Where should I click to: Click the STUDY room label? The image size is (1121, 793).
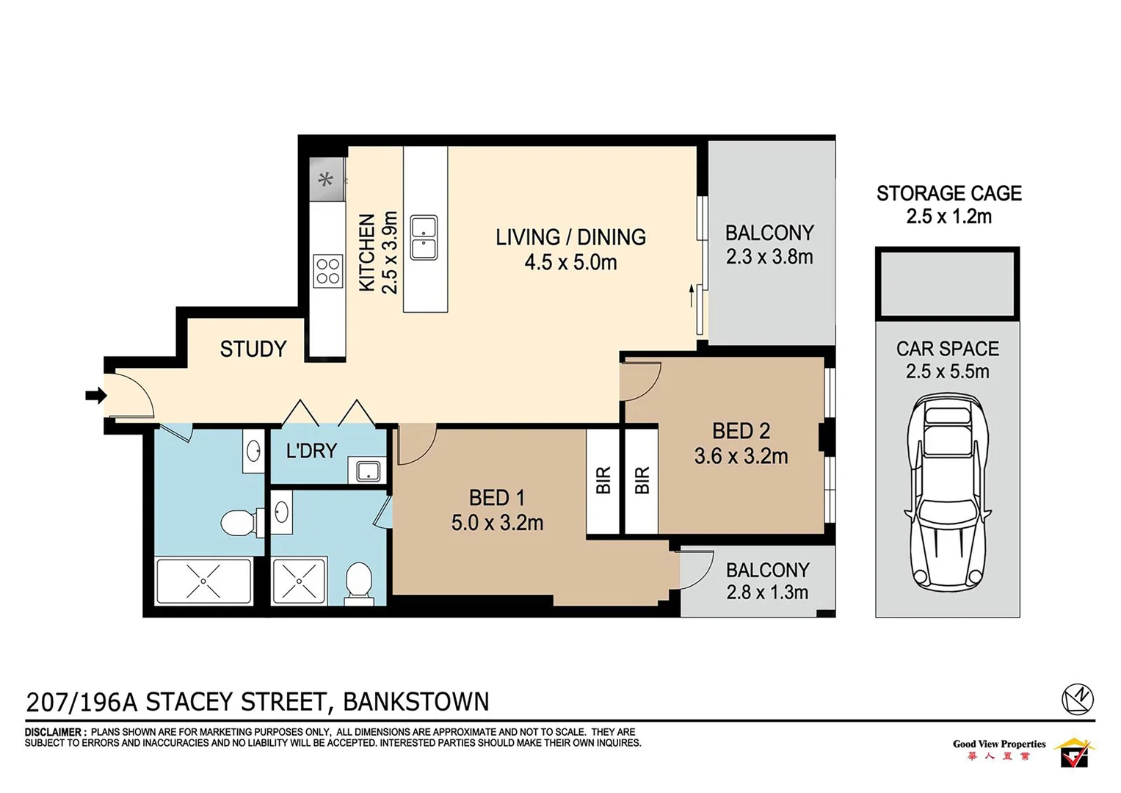253,349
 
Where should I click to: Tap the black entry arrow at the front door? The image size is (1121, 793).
95,396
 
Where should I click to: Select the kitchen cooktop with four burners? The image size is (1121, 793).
327,270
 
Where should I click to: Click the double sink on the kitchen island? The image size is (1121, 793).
424,238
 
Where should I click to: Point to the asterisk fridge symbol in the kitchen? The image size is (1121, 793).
325,180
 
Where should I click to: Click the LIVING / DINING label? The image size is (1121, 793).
570,237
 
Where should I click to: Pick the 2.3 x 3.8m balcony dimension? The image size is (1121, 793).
769,257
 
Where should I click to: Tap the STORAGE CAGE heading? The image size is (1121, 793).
948,193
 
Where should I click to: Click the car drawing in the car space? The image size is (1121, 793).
948,492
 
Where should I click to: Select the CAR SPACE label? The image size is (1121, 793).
947,349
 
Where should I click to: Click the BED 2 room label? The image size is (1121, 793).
741,431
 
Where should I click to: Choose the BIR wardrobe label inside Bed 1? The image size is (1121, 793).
603,480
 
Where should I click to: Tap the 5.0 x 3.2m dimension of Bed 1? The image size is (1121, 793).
497,523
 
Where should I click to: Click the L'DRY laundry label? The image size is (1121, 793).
311,451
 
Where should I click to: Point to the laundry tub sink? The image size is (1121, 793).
367,471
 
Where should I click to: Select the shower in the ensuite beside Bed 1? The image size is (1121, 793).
299,581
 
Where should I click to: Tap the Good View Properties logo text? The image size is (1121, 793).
998,744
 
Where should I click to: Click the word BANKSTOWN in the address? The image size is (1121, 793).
416,702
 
